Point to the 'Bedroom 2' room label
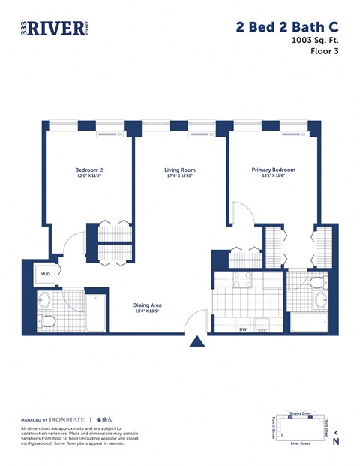click(88, 170)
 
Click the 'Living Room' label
click(180, 170)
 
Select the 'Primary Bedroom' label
click(273, 170)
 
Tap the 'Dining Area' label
click(147, 305)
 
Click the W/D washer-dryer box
click(46, 275)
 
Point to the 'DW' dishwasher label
click(243, 329)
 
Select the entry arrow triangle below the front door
click(196, 342)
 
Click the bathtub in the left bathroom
click(97, 314)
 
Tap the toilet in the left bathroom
click(48, 322)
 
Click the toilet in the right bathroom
click(318, 282)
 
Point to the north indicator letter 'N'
click(336, 442)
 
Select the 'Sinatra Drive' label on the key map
click(300, 413)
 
